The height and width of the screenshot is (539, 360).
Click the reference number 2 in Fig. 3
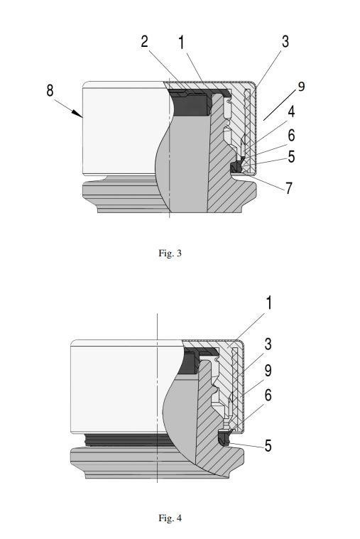(x=145, y=42)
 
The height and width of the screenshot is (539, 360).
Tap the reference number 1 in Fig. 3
(x=181, y=43)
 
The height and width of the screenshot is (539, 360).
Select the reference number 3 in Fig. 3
(x=285, y=42)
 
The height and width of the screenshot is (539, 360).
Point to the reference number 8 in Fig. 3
(x=50, y=90)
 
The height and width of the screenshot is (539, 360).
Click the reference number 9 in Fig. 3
(x=301, y=86)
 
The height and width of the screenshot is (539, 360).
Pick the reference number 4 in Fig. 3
(x=291, y=111)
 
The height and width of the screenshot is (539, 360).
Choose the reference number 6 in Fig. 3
(x=291, y=136)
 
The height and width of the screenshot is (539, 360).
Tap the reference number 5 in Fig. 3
(x=291, y=156)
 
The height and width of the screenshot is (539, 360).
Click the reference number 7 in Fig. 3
(x=289, y=188)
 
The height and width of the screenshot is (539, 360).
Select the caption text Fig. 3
(x=170, y=254)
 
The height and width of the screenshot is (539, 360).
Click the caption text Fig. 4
(x=170, y=518)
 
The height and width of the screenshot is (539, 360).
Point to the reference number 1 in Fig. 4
(x=269, y=303)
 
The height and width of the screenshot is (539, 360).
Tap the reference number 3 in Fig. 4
(x=268, y=344)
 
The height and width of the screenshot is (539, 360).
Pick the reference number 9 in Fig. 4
(x=268, y=370)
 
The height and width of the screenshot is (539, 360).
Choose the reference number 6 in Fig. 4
(x=268, y=396)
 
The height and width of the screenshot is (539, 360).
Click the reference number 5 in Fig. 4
(x=268, y=446)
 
